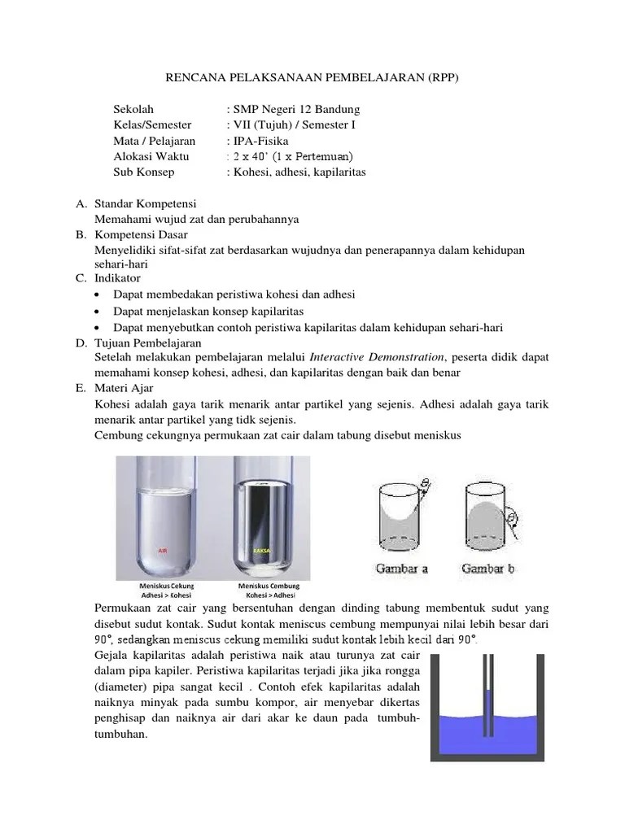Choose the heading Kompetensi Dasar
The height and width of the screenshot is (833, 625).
(x=143, y=235)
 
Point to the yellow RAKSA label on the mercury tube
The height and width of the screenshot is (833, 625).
(x=261, y=551)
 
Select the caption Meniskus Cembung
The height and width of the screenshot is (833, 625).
(x=269, y=586)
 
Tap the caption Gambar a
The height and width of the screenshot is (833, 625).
(x=401, y=569)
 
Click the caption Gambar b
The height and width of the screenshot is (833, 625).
(x=488, y=569)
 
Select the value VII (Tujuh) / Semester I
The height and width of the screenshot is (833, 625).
(x=294, y=125)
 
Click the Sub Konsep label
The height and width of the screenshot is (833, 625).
(x=144, y=172)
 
